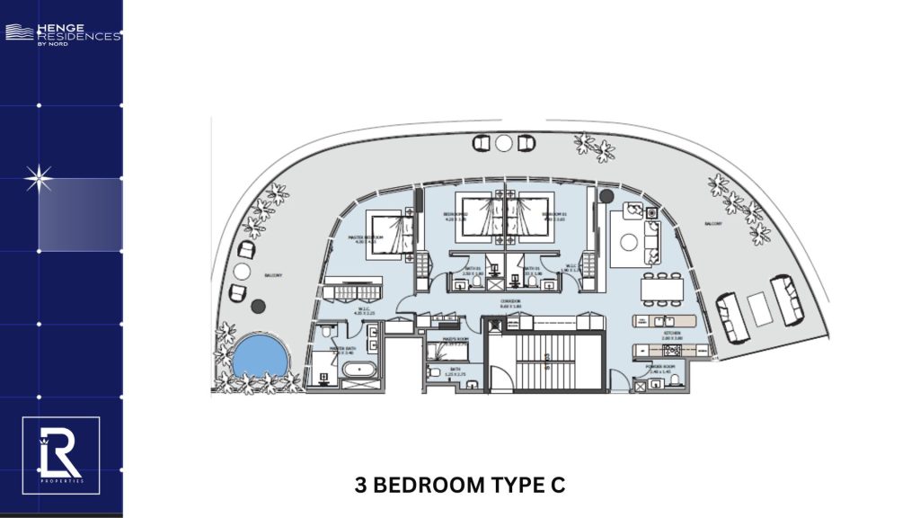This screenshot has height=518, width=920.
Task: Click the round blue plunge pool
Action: [x=260, y=355]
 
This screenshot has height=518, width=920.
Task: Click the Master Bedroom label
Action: [x=366, y=238]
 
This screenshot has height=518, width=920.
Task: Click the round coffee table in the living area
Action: [x=650, y=240]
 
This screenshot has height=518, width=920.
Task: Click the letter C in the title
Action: [x=558, y=486]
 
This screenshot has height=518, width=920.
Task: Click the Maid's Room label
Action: [x=444, y=338]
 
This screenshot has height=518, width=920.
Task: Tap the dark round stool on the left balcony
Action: [x=259, y=307]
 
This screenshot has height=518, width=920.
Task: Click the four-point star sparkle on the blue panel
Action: [x=38, y=180]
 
